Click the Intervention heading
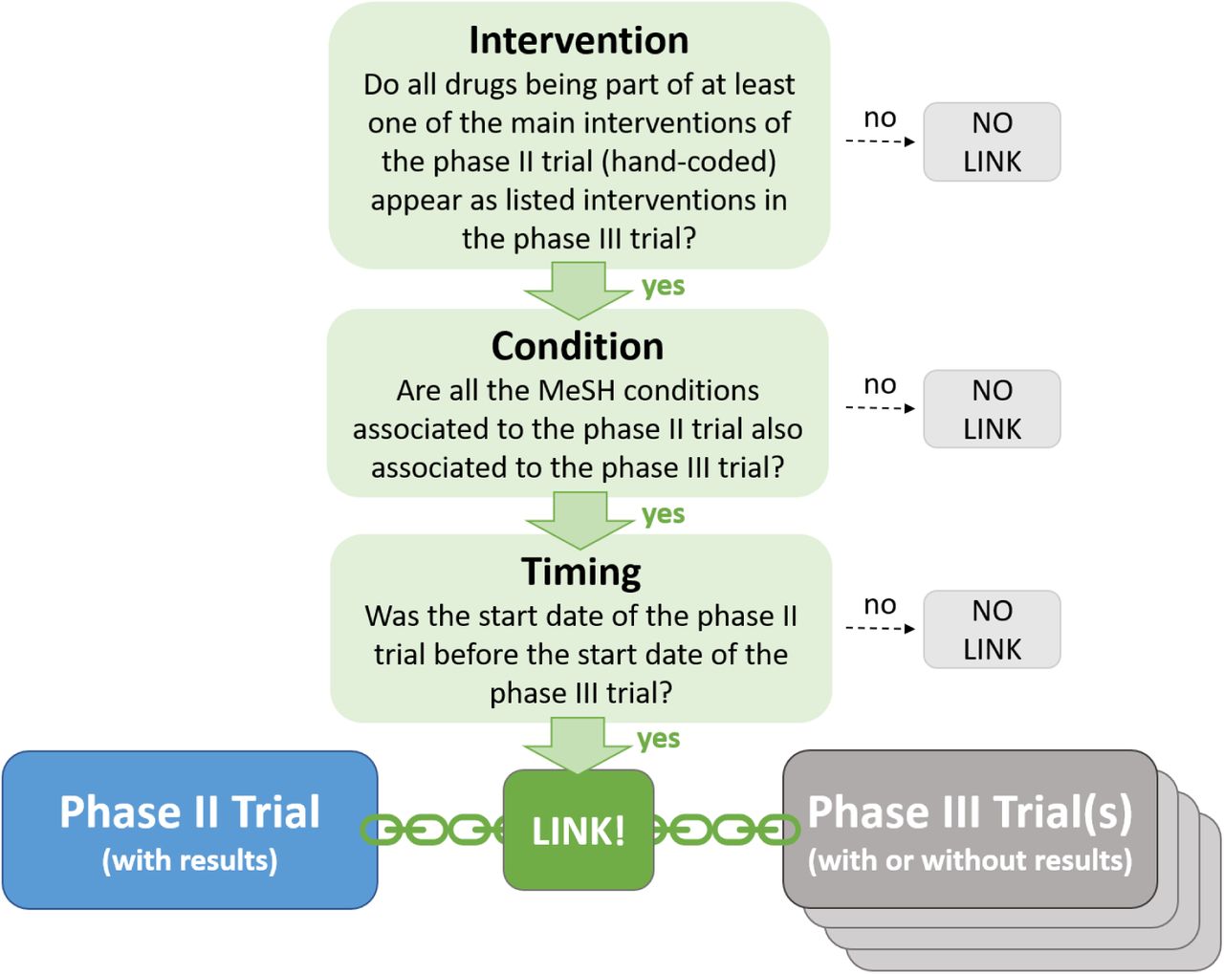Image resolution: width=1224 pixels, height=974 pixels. point(579,41)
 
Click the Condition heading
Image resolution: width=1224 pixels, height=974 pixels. point(578,346)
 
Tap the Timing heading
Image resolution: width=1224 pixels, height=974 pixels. point(580,572)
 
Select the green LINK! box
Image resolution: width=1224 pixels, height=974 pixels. point(579,830)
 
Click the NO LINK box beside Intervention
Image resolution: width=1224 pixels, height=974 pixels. point(992,142)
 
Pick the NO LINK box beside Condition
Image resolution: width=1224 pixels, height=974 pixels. point(992,409)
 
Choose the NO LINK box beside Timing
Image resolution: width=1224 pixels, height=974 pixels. point(992,630)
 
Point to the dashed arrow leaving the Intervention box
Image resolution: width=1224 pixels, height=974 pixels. point(880,141)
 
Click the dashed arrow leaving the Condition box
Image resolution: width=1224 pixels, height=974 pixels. point(880,408)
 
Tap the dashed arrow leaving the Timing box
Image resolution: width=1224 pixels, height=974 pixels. point(880,628)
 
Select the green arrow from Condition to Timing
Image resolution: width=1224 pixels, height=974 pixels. point(579,521)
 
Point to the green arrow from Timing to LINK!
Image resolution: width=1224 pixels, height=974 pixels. point(578,746)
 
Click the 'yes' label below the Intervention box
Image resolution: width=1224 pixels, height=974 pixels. point(664,287)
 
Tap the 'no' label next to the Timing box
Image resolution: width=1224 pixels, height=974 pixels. point(880,605)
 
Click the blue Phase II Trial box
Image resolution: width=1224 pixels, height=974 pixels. point(190,830)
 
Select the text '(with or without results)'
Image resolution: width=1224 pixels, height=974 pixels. point(970,859)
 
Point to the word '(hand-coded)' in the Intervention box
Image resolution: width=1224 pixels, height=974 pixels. point(688,162)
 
